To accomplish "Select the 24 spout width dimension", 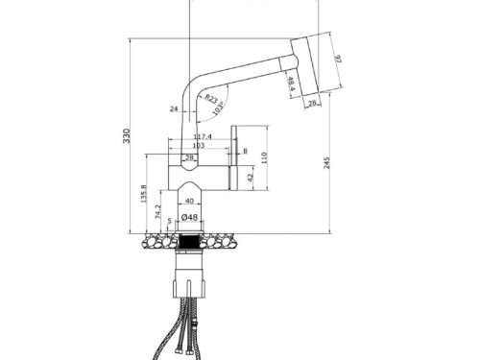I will pos(174,109).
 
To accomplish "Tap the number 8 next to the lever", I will pos(246,152).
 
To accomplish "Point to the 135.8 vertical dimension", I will pos(144,197).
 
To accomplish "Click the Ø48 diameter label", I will pos(190,218).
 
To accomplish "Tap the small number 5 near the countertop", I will pos(169,223).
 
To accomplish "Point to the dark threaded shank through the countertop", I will pos(190,239).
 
